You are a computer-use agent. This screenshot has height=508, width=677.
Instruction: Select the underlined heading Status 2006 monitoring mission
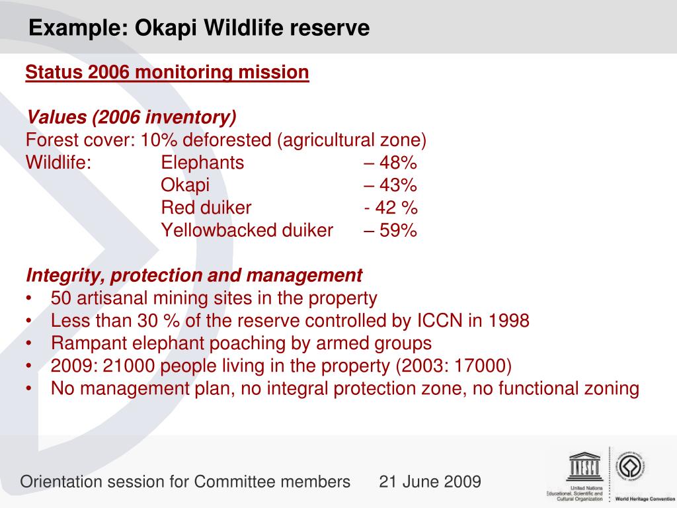(x=167, y=72)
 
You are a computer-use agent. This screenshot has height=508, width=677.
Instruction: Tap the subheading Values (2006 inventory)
(x=132, y=117)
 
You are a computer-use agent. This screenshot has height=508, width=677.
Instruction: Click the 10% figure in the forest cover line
(x=159, y=140)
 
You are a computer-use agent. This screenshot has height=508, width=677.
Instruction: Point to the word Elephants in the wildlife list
(x=202, y=163)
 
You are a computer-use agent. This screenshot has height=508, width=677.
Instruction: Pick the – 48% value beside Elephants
(x=390, y=163)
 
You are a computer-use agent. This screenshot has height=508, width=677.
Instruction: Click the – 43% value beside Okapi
(x=390, y=185)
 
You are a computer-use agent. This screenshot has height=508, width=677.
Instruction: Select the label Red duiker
(x=206, y=208)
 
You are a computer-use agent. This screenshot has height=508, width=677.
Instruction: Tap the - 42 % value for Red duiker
(x=391, y=208)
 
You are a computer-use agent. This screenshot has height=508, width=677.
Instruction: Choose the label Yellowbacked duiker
(x=247, y=230)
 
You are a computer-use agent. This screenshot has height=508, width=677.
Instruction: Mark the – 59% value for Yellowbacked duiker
(x=390, y=230)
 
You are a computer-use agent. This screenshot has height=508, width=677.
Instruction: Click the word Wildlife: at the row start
(x=59, y=163)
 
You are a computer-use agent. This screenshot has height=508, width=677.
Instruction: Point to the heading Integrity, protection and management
(x=194, y=276)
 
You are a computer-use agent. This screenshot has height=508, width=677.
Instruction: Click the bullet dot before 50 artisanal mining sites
(x=28, y=298)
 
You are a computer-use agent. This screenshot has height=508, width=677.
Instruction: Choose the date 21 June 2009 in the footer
(x=430, y=482)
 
